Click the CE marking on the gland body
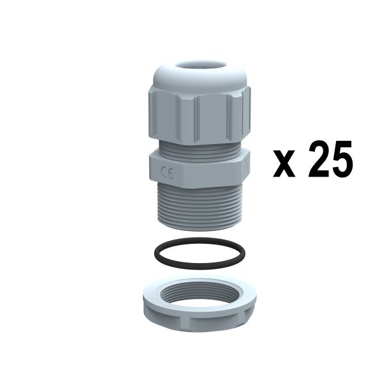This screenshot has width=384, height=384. point(167,172)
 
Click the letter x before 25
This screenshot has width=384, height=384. point(284,163)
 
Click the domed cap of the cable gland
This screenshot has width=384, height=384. point(199,76)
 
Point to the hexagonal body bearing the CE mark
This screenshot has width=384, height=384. point(199,169)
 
